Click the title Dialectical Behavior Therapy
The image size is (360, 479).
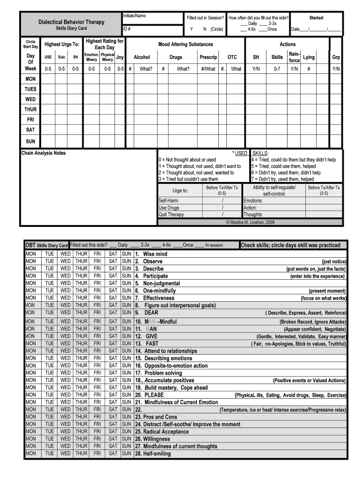[x=71, y=22]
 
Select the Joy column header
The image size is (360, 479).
[x=120, y=57]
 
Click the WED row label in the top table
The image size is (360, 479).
[x=30, y=99]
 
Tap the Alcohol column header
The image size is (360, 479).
[x=142, y=57]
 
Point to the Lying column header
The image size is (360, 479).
[x=309, y=57]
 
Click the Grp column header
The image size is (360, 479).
[x=336, y=57]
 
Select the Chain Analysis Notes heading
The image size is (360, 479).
[x=43, y=153]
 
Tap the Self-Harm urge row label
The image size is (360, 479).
[x=168, y=201]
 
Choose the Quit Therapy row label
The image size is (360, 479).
[x=171, y=215]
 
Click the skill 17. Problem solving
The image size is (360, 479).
[x=158, y=373]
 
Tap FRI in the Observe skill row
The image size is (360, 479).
[x=97, y=261]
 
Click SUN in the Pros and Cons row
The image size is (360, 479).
[x=127, y=417]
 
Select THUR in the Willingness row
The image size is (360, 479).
[x=81, y=439]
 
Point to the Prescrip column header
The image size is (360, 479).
[x=208, y=57]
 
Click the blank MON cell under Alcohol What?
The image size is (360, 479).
[x=146, y=79]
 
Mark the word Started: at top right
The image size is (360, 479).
[x=317, y=18]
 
